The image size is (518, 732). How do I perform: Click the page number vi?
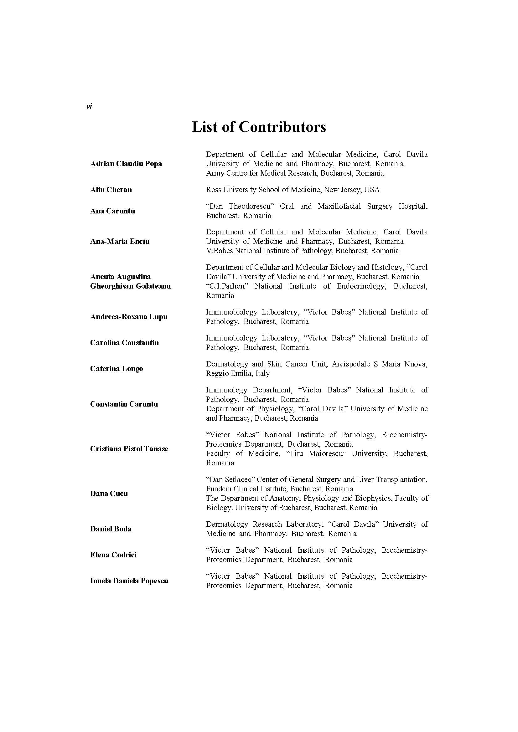(89, 106)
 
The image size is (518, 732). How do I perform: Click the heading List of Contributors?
(259, 127)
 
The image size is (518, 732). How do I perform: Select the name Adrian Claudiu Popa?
(126, 164)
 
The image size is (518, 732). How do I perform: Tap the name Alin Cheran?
(111, 190)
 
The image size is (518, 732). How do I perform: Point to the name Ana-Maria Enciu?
(120, 241)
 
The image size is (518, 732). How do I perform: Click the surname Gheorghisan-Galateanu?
(130, 286)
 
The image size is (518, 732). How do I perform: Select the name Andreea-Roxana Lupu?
(129, 317)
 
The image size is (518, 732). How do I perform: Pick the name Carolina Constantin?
(124, 343)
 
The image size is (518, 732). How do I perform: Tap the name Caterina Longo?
(117, 369)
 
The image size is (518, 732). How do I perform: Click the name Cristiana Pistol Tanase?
(129, 448)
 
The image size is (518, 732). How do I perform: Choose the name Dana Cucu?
(109, 494)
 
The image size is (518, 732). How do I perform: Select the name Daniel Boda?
(111, 529)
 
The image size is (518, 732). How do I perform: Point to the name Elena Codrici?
(113, 555)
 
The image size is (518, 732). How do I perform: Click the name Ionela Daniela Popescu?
(129, 581)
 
